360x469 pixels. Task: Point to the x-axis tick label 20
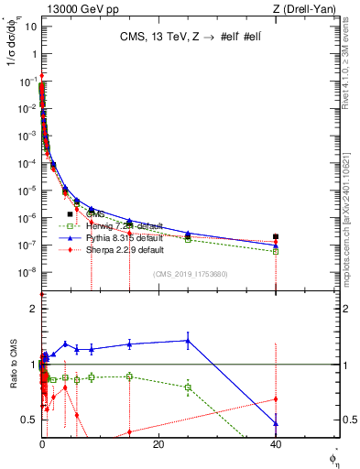[x=158, y=445]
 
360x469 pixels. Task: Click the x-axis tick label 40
[x=276, y=445]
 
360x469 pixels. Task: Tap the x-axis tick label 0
[x=42, y=445]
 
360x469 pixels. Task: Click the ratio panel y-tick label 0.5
[x=31, y=420]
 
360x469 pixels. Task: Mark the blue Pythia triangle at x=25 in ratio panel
[x=188, y=341]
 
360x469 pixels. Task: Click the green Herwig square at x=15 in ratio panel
[x=129, y=376]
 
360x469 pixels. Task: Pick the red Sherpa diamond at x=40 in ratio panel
[x=276, y=398]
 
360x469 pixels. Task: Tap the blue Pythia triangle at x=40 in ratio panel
[x=276, y=423]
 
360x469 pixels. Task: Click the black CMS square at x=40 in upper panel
[x=276, y=236]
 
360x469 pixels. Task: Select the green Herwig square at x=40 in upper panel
[x=276, y=251]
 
